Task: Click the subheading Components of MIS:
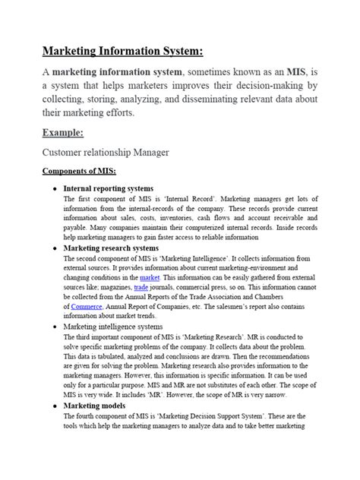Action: pyautogui.click(x=78, y=172)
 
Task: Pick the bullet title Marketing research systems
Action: pyautogui.click(x=111, y=248)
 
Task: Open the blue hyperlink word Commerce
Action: pyautogui.click(x=86, y=308)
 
